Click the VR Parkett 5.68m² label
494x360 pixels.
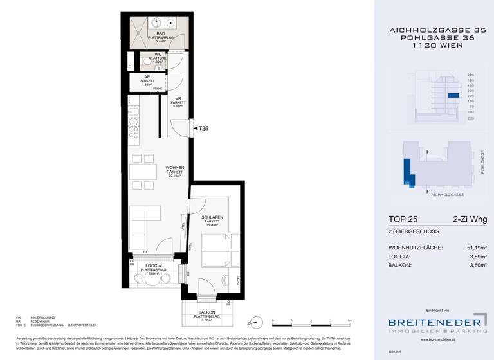178,101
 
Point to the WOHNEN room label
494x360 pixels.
174,168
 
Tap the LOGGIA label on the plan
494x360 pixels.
153,265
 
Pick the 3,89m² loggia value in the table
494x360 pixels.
475,256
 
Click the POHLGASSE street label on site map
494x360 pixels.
482,162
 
